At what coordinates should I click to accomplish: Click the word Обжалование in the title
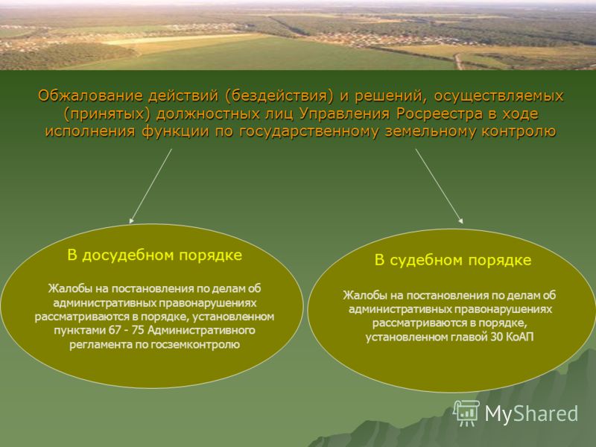click(89, 96)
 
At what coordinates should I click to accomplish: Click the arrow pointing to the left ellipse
click(150, 186)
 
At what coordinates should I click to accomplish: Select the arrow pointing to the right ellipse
click(439, 186)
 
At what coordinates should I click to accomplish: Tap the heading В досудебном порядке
click(154, 255)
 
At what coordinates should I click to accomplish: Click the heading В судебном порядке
click(453, 260)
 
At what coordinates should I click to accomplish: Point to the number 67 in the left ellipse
click(115, 330)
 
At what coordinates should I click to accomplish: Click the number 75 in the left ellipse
click(138, 330)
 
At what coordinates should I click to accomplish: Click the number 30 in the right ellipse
click(496, 337)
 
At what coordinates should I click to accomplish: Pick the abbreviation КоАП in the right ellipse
click(520, 337)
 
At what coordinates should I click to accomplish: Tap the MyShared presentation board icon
click(466, 413)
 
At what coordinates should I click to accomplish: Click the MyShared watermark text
click(531, 413)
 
